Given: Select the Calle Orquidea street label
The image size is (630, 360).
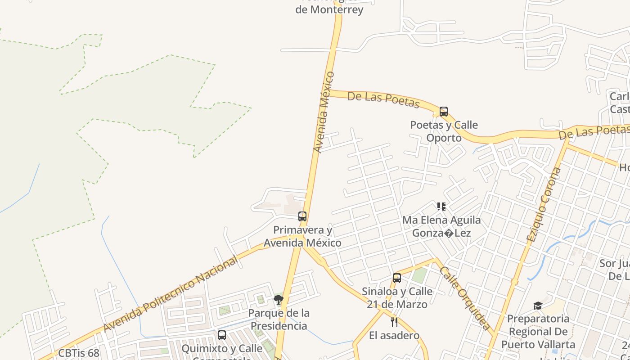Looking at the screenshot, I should (465, 298).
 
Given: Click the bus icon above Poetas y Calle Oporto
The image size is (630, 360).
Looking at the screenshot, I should (444, 112).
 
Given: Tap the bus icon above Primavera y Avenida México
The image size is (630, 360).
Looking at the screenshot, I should (302, 216).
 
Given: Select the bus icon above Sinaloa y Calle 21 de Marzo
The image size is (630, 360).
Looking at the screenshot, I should (397, 278).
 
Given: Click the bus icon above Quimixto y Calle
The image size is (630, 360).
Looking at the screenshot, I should (222, 335).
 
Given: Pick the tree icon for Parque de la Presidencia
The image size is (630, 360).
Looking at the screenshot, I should (279, 300).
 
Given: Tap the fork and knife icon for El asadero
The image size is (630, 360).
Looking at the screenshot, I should (394, 322).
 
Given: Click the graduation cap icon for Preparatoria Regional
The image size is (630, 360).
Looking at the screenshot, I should (538, 306).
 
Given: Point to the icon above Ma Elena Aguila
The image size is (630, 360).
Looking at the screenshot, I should (441, 207).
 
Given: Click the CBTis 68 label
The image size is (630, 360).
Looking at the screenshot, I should (79, 353).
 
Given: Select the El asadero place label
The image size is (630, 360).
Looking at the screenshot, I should (394, 335).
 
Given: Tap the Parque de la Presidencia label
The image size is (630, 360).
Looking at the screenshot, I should (279, 319).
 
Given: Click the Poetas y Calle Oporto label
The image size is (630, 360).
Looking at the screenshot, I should (444, 131).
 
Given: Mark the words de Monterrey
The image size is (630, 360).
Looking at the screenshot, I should (329, 9).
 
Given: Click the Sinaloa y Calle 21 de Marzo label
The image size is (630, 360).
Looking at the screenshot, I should (397, 297).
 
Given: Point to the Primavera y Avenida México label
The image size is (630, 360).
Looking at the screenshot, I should (302, 237).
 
